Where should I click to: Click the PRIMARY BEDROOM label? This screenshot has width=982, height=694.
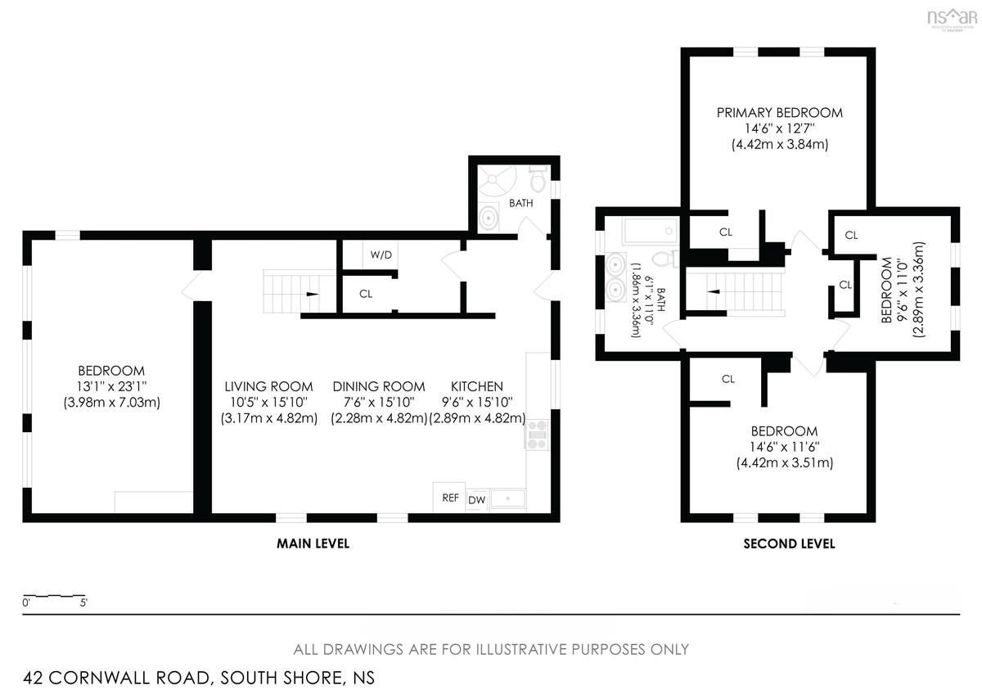[779, 113]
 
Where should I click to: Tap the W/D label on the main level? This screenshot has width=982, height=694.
[381, 255]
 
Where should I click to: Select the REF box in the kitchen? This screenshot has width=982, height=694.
[449, 497]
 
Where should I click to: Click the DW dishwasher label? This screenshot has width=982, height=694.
[476, 500]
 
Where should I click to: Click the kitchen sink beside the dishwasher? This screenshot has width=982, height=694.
[507, 499]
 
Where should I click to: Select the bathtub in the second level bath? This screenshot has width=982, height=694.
[650, 231]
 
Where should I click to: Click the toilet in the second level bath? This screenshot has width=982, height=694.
[665, 259]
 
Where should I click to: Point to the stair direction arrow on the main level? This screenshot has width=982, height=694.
[312, 294]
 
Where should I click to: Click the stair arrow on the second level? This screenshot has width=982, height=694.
[714, 291]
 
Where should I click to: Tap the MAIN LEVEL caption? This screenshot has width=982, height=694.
[313, 543]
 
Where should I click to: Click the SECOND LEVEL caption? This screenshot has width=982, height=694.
[789, 543]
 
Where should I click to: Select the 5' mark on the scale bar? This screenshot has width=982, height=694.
[83, 603]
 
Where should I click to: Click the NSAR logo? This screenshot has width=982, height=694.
[953, 18]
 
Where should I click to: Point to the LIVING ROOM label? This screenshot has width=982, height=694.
[268, 386]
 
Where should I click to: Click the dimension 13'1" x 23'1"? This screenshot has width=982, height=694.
[111, 386]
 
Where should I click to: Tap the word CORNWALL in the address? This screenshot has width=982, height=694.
[129, 678]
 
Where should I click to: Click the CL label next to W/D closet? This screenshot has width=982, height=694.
[366, 294]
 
